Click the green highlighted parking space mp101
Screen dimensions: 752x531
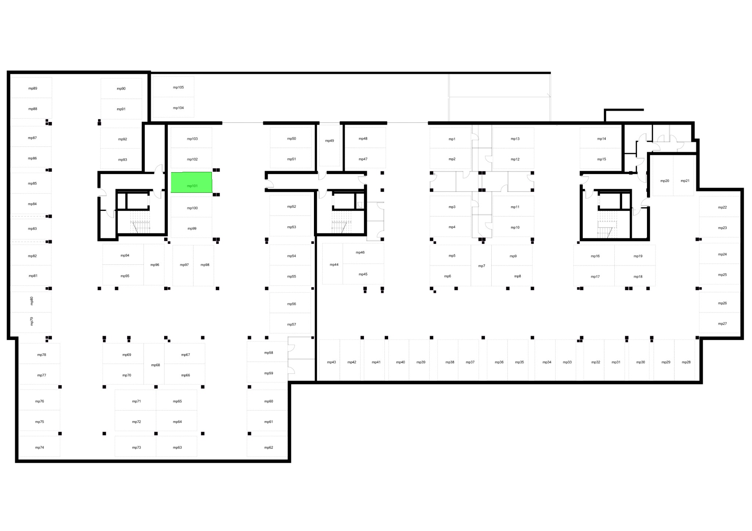[192, 182]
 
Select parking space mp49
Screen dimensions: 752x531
[329, 145]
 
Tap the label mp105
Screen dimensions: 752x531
[178, 87]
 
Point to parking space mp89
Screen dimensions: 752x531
[31, 87]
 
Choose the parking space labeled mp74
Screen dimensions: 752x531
[39, 447]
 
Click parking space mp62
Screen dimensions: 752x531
[267, 447]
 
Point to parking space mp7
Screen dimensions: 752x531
[481, 265]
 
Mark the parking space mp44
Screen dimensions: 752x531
[333, 264]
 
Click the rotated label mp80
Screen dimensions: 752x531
[32, 301]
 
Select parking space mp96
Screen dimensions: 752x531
[154, 264]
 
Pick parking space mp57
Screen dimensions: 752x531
[290, 323]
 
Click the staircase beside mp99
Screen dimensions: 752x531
[141, 222]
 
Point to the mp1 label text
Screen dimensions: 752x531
[452, 139]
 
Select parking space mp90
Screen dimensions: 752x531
[122, 88]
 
